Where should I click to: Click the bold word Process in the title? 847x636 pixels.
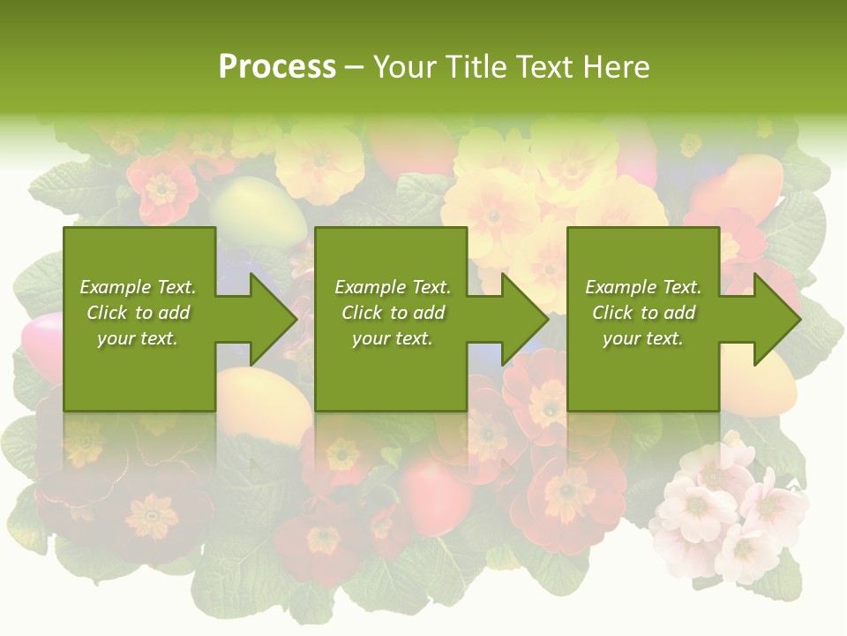click(x=277, y=67)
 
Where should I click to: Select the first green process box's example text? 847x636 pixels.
click(x=138, y=313)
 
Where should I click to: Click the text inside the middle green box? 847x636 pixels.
click(x=393, y=313)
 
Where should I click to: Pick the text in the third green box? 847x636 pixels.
click(x=643, y=313)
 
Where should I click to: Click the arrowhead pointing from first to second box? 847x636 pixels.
click(x=273, y=319)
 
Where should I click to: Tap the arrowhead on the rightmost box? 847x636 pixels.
click(x=776, y=319)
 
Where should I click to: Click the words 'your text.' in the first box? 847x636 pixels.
click(x=137, y=338)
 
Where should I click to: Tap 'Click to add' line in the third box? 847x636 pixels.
click(x=643, y=313)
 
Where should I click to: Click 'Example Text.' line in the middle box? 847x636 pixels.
click(x=393, y=287)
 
